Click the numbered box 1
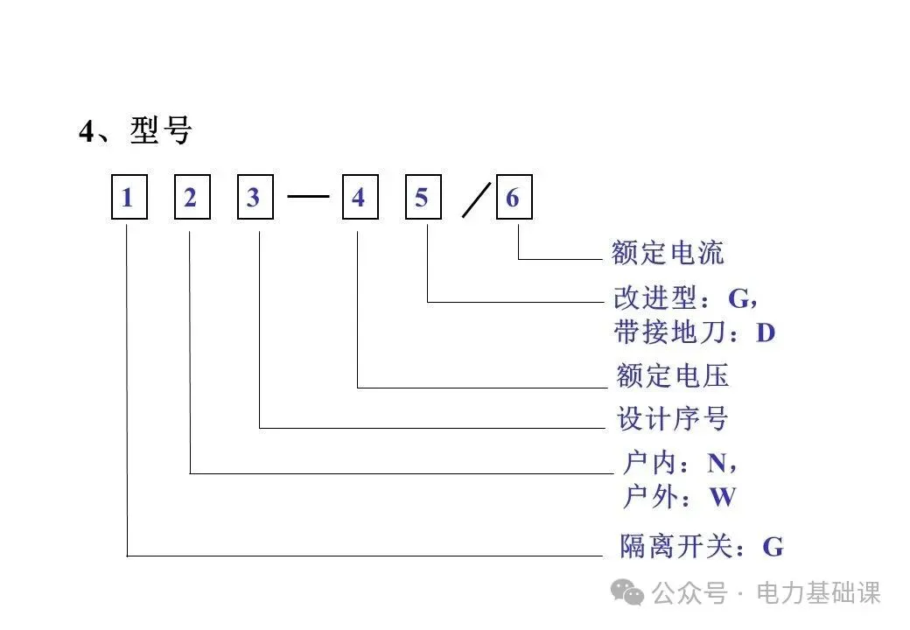(x=128, y=198)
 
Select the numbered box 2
(x=191, y=198)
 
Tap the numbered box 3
(x=254, y=198)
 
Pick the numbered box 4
(x=359, y=198)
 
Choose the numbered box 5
(x=422, y=198)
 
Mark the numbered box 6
(x=513, y=198)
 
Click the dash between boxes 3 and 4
(x=307, y=197)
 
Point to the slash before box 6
(x=478, y=200)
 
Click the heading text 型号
(x=161, y=131)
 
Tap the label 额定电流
(x=668, y=254)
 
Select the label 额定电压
(x=672, y=376)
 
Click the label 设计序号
(x=672, y=418)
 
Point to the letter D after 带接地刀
(x=766, y=333)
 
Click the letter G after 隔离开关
(x=773, y=548)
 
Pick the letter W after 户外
(x=723, y=497)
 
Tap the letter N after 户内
(x=717, y=462)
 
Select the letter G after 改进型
(x=739, y=298)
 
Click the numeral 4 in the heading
(x=86, y=133)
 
